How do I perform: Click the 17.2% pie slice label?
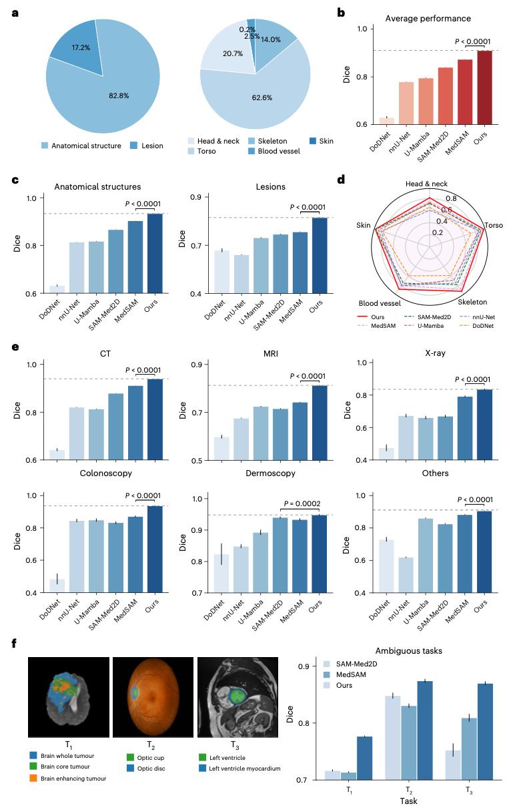click(x=81, y=47)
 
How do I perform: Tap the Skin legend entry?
click(x=322, y=141)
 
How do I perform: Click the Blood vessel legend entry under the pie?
click(x=274, y=151)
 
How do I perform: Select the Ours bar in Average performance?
click(x=485, y=87)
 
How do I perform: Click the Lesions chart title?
click(x=271, y=187)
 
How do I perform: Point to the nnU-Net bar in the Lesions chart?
click(x=241, y=274)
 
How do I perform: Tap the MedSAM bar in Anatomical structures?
click(x=135, y=257)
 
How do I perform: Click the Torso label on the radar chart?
click(x=494, y=225)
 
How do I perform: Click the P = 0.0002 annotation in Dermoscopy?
click(x=302, y=503)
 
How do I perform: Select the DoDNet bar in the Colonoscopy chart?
click(x=57, y=586)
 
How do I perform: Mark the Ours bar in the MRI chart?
click(x=320, y=423)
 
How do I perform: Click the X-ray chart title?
click(x=435, y=353)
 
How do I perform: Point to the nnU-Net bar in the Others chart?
click(x=406, y=575)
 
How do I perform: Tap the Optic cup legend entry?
click(x=145, y=757)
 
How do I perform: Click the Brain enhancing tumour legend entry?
click(x=68, y=779)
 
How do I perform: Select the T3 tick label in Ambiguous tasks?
click(x=470, y=790)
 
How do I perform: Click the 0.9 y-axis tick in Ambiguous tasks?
click(x=304, y=666)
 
